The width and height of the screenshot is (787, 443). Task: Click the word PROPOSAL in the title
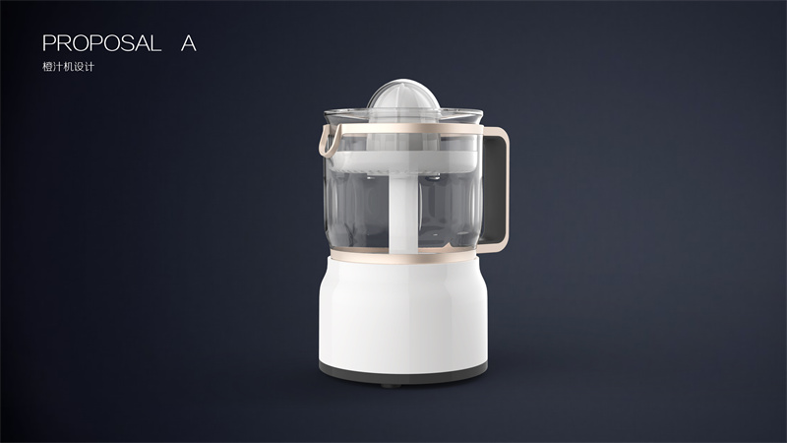[102, 43]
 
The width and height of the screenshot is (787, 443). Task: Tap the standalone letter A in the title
[188, 43]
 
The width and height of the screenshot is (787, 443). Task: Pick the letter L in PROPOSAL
[155, 43]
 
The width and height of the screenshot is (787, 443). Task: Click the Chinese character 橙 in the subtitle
[47, 67]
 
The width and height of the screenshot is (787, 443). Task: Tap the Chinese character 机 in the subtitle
[68, 67]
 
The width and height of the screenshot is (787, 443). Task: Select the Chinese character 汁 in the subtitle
[58, 67]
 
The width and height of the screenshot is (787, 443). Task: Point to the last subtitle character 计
[89, 67]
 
